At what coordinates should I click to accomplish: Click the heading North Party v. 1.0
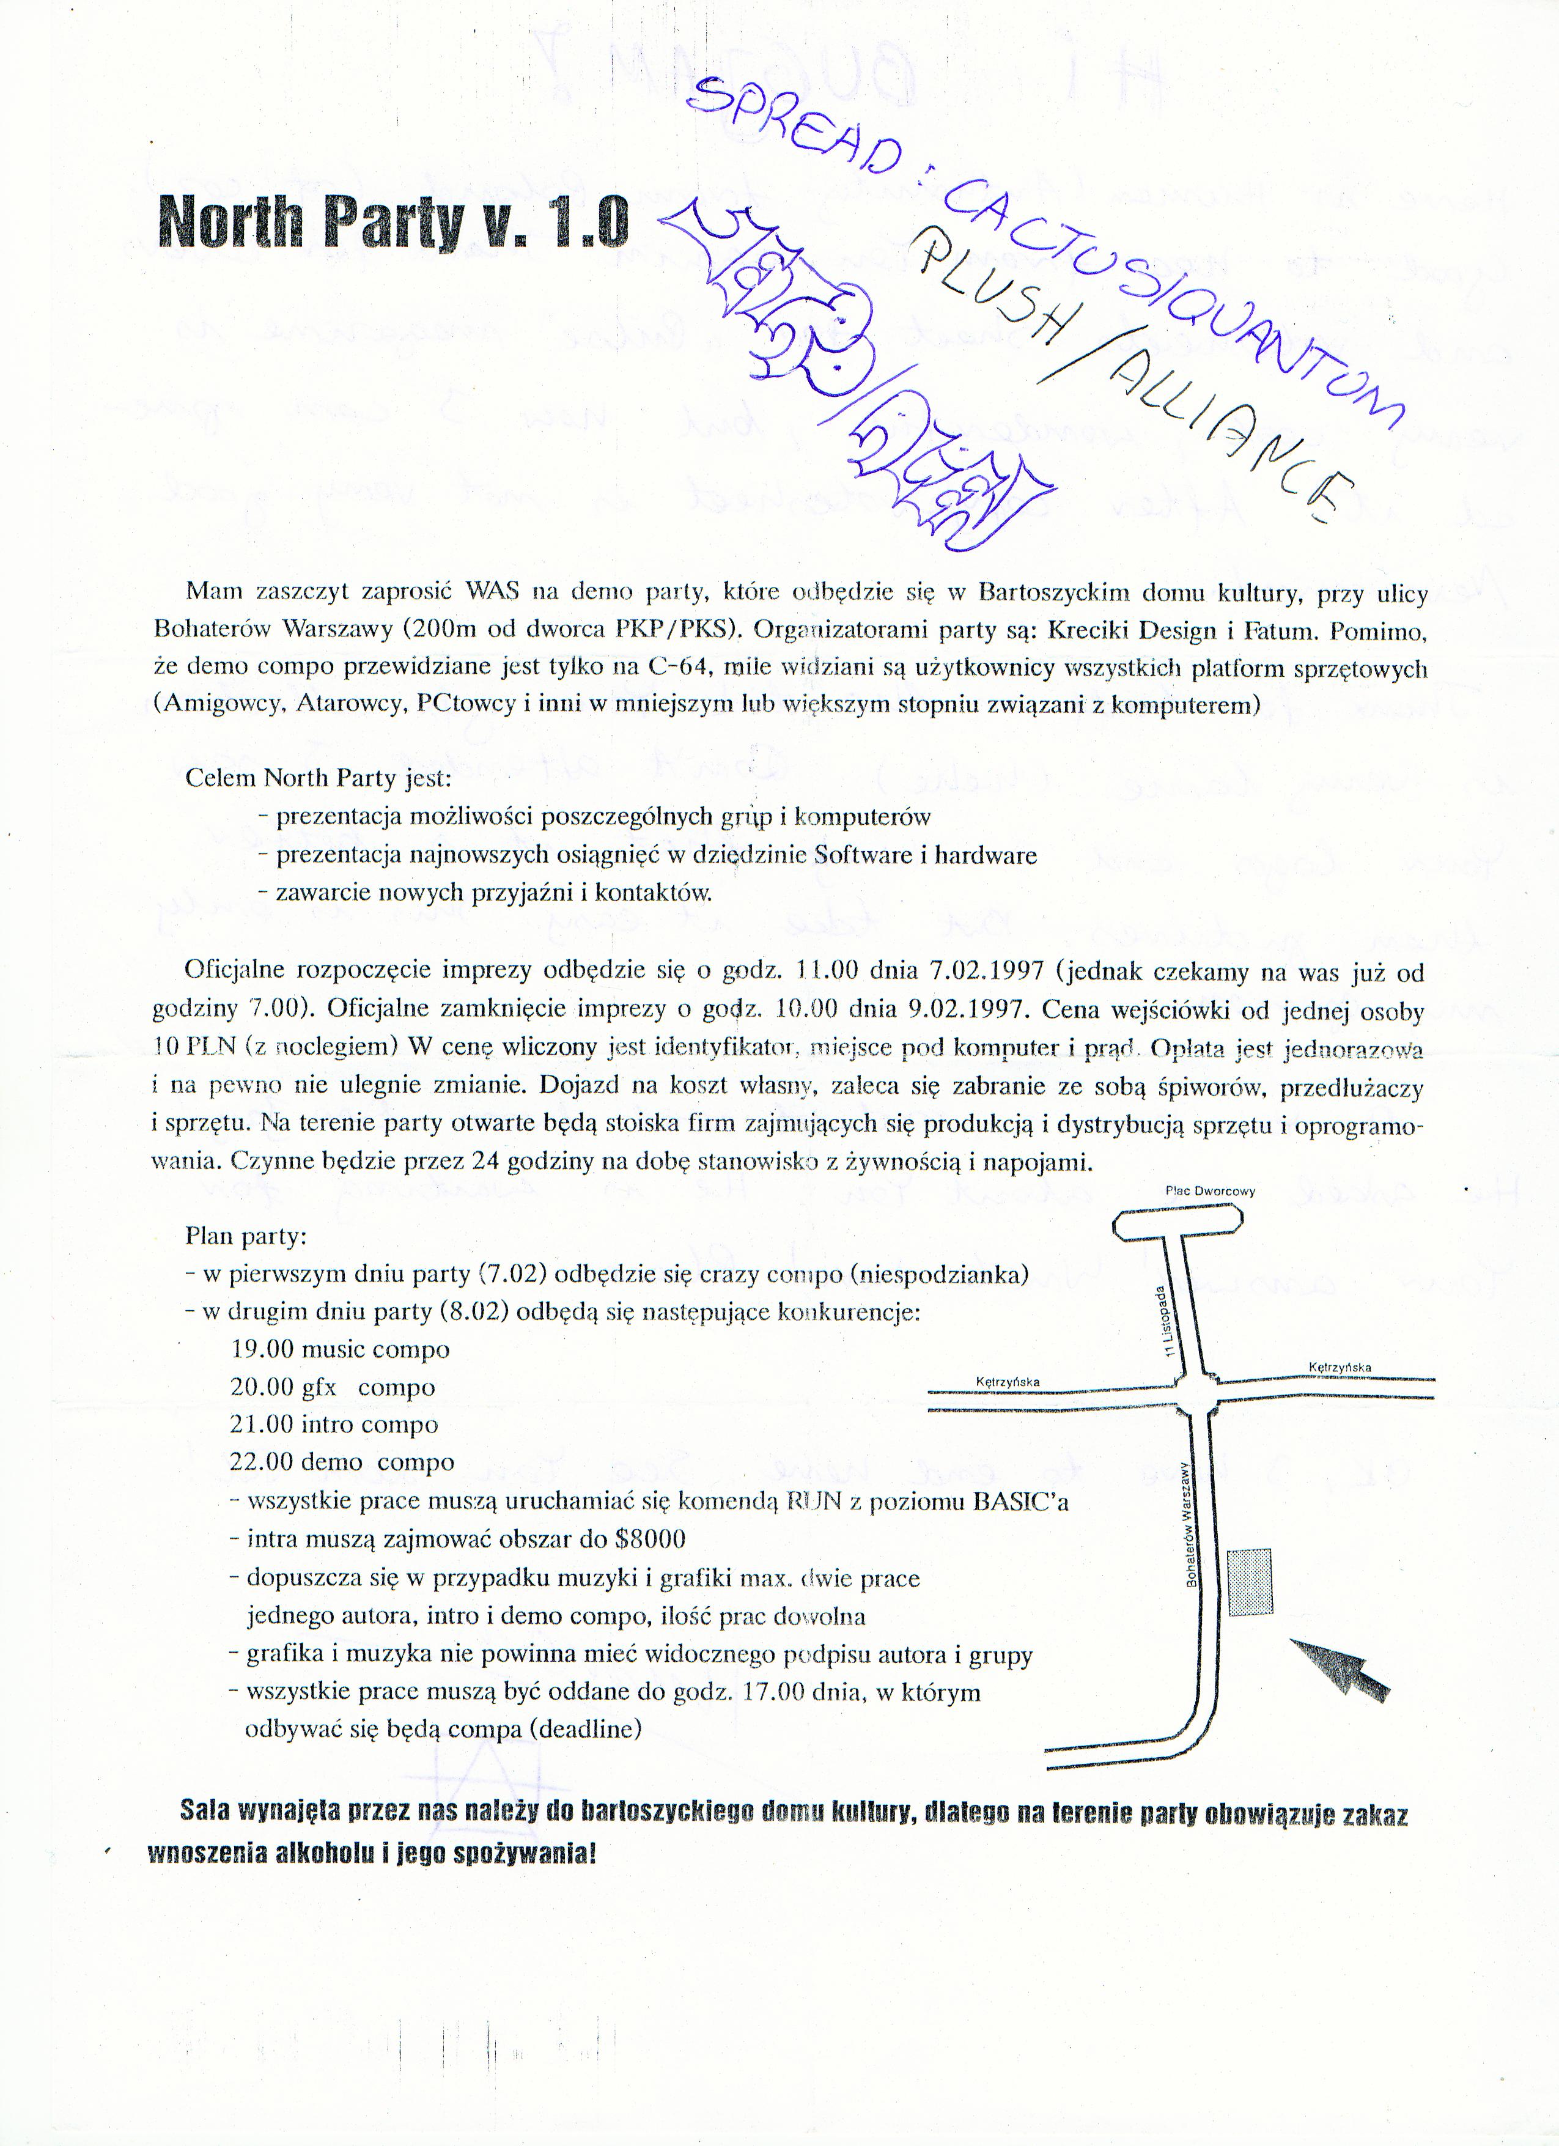394,221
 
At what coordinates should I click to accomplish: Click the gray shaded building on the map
1250,1582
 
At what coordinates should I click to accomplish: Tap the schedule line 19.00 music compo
339,1349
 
